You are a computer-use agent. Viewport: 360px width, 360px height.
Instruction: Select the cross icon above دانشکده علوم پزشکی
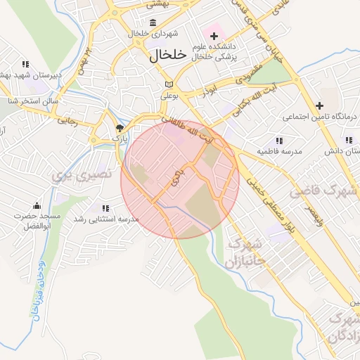pos(214,35)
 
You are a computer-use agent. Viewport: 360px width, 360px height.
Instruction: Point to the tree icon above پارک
pos(120,128)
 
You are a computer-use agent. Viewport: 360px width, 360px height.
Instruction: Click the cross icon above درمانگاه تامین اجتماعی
pos(319,105)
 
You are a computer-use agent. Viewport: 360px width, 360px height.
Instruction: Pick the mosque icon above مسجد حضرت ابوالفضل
pos(37,205)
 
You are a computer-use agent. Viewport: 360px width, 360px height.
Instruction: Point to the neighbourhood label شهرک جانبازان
pos(243,255)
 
